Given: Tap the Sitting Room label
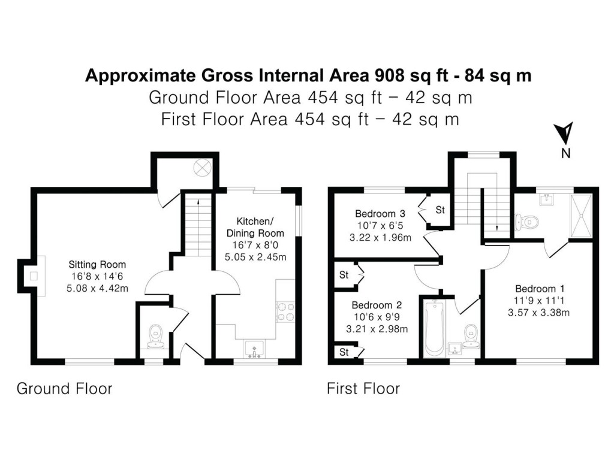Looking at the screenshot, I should (x=97, y=264).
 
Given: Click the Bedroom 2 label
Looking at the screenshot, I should (x=375, y=304).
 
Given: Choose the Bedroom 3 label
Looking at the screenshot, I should (x=380, y=213).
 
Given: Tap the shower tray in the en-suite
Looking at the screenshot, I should (x=580, y=213).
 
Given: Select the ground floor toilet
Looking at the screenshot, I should (x=156, y=335).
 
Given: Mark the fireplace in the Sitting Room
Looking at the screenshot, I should (x=34, y=276).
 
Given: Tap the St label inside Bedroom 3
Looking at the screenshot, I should (x=440, y=210).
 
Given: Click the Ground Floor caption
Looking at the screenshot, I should (x=64, y=389).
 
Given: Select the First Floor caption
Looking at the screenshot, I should (x=363, y=389).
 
